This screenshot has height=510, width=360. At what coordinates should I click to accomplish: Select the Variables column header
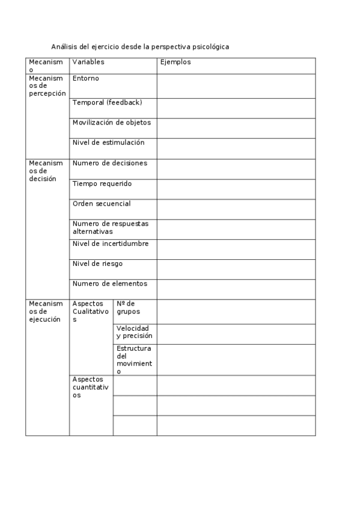(x=88, y=62)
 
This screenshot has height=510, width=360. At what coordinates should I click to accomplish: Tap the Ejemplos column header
(x=175, y=62)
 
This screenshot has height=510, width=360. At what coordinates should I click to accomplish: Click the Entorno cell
(x=86, y=79)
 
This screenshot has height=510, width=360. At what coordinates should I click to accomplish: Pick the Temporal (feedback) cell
(x=107, y=103)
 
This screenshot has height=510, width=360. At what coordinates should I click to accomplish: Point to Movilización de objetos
(x=111, y=123)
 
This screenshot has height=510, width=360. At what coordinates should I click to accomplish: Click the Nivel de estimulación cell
(x=108, y=143)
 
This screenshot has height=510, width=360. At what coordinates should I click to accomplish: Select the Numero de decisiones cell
(x=109, y=164)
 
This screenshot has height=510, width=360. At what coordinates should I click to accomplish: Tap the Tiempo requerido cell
(x=102, y=183)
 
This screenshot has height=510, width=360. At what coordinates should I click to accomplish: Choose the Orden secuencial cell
(x=101, y=204)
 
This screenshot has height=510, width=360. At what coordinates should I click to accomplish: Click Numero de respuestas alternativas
(x=110, y=227)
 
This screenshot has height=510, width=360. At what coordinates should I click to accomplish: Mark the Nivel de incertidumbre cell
(x=110, y=244)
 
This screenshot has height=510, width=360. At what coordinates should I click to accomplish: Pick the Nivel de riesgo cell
(x=97, y=264)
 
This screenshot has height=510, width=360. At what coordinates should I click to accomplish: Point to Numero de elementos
(x=109, y=284)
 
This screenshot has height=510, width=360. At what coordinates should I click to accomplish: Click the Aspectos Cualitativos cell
(x=91, y=312)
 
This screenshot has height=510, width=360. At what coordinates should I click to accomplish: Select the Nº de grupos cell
(x=129, y=308)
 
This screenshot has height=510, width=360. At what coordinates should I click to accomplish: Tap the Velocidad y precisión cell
(x=134, y=333)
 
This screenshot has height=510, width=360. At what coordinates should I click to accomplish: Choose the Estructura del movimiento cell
(x=134, y=360)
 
